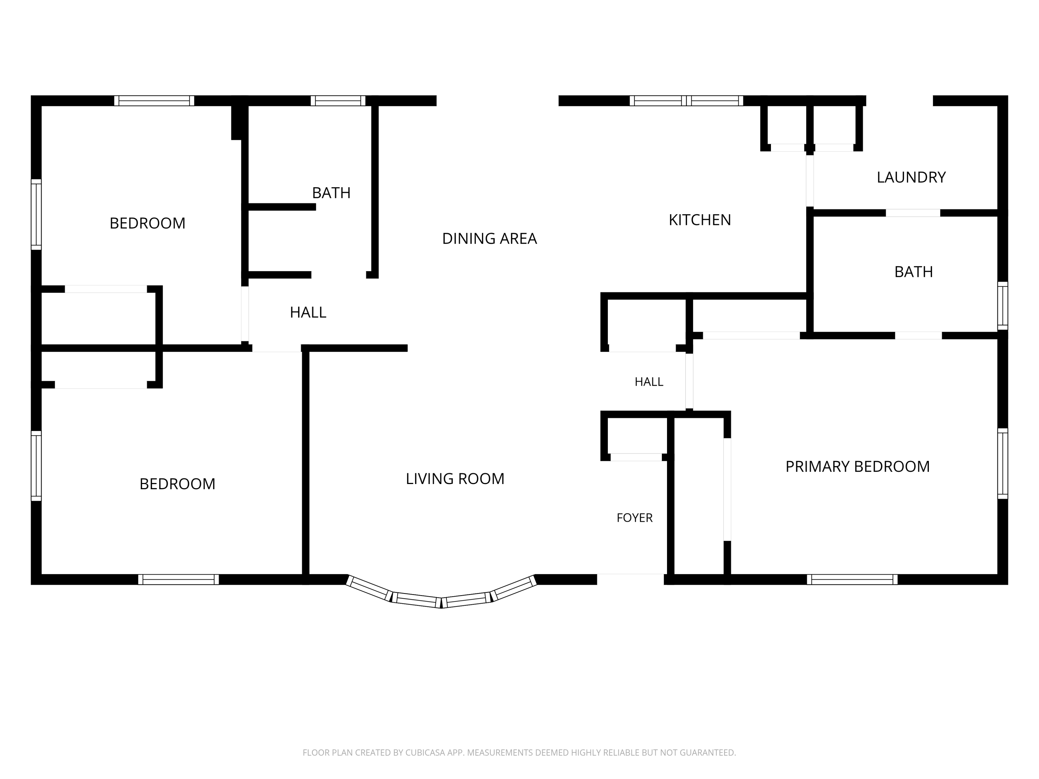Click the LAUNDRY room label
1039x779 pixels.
[911, 177]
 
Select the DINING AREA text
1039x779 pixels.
[489, 239]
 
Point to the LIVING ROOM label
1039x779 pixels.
[455, 478]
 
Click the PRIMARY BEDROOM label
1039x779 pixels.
[857, 466]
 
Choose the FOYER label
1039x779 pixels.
[634, 518]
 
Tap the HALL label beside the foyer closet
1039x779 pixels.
[649, 382]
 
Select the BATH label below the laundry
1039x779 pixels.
[913, 272]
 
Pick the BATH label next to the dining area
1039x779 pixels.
[331, 193]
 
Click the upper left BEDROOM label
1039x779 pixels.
[148, 223]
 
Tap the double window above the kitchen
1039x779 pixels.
[686, 100]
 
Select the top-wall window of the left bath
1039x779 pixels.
[338, 100]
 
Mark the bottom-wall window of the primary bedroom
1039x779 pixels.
[852, 580]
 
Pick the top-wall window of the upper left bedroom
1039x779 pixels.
[154, 100]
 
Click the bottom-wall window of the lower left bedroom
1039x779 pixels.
[178, 580]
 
